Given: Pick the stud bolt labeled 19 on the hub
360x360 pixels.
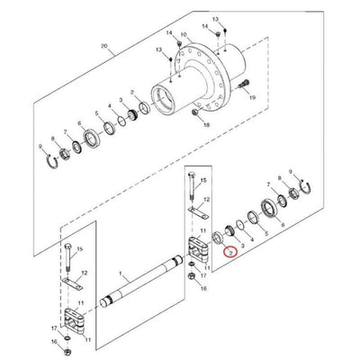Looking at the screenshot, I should pos(243,84).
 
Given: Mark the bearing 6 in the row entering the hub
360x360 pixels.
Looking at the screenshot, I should pos(90,140).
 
